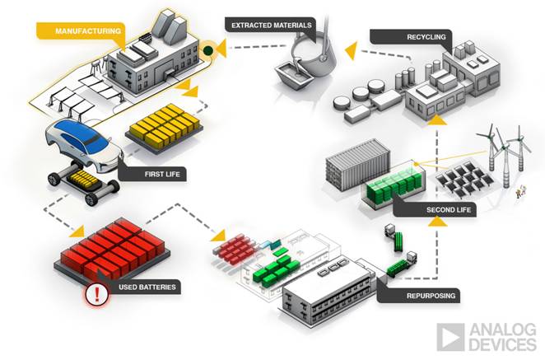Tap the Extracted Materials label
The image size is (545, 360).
271,26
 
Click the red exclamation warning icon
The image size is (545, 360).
97,294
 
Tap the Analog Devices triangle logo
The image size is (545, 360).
450,337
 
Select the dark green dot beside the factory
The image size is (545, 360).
208,51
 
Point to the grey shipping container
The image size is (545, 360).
358,164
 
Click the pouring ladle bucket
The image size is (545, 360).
313,56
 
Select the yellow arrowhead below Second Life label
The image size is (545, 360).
437,222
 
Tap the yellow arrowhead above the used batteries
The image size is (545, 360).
77,231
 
